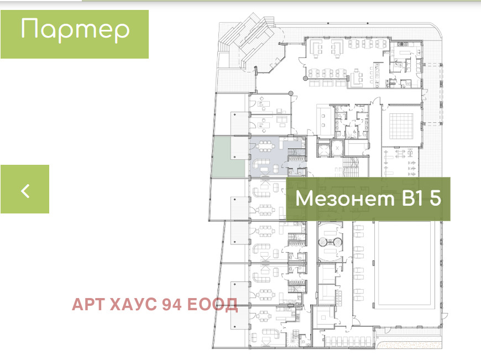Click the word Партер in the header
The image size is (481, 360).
point(75,30)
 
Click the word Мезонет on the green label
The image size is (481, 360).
point(344,199)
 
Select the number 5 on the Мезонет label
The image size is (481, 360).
point(435,198)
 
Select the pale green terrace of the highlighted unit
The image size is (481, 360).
point(228,157)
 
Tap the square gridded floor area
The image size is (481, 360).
point(401,126)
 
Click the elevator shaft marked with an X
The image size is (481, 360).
point(337,148)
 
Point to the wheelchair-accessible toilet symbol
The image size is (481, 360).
point(355,133)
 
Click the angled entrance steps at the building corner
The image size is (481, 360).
point(248,40)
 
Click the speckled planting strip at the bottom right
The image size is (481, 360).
point(410,345)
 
